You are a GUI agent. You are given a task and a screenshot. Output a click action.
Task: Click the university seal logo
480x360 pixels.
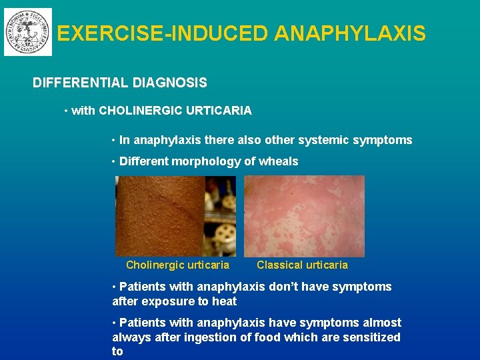27,32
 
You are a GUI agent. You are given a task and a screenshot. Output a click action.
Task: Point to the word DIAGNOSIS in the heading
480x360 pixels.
170,83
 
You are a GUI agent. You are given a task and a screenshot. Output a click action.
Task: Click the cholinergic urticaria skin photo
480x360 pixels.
175,216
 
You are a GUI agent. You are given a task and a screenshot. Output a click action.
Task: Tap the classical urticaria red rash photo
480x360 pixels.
304,216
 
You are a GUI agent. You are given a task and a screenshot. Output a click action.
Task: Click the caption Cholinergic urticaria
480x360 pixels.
177,265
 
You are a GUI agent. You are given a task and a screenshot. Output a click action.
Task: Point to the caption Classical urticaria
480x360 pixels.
302,265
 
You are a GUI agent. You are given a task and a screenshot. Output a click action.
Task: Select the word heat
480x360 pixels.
225,301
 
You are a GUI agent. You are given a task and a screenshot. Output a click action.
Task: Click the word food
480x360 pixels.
267,337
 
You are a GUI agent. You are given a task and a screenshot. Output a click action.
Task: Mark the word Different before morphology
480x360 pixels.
144,161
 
